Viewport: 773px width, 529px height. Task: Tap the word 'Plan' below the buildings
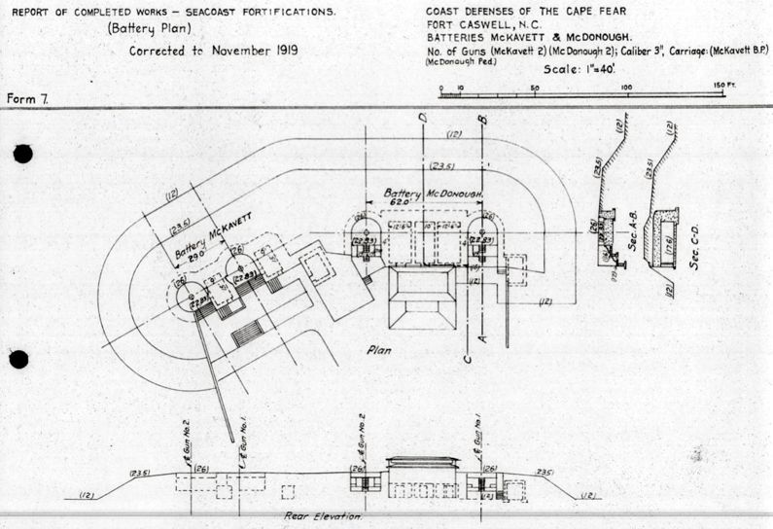pos(380,347)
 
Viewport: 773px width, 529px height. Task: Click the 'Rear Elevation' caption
pos(323,517)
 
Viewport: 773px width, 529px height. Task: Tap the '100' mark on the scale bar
pos(627,88)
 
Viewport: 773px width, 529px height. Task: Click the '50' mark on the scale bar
pos(534,88)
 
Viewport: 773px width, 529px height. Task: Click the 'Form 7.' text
pos(29,99)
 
